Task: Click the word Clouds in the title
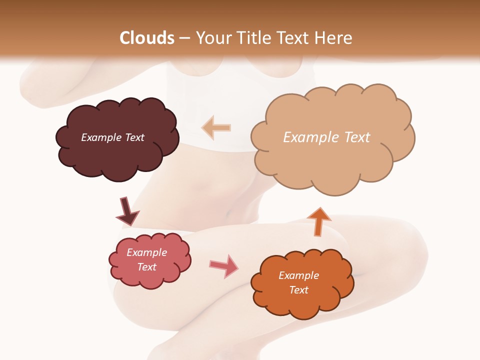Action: click(x=147, y=38)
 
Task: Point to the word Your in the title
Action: click(x=211, y=38)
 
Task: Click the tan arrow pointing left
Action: click(x=216, y=128)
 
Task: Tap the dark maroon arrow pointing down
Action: click(x=126, y=211)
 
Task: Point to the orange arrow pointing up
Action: click(x=318, y=221)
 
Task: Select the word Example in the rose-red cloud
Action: click(x=146, y=252)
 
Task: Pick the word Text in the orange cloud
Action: click(x=298, y=290)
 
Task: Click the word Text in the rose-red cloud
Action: click(x=146, y=267)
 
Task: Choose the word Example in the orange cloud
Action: click(x=298, y=275)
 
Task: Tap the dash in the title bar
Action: click(x=184, y=38)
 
